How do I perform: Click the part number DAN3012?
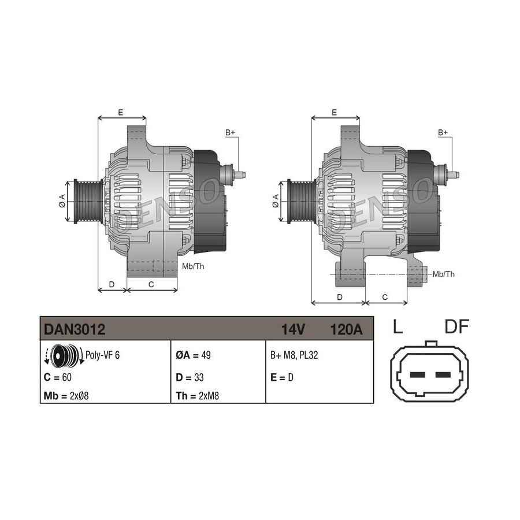point(75,329)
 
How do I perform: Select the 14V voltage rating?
point(293,330)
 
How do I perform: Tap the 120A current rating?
point(346,330)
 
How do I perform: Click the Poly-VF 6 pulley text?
point(102,355)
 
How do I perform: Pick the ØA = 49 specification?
point(193,355)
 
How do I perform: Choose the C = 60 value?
point(57,377)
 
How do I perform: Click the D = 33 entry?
point(190,377)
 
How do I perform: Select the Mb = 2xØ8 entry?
point(66,396)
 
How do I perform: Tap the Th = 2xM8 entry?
point(198,396)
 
